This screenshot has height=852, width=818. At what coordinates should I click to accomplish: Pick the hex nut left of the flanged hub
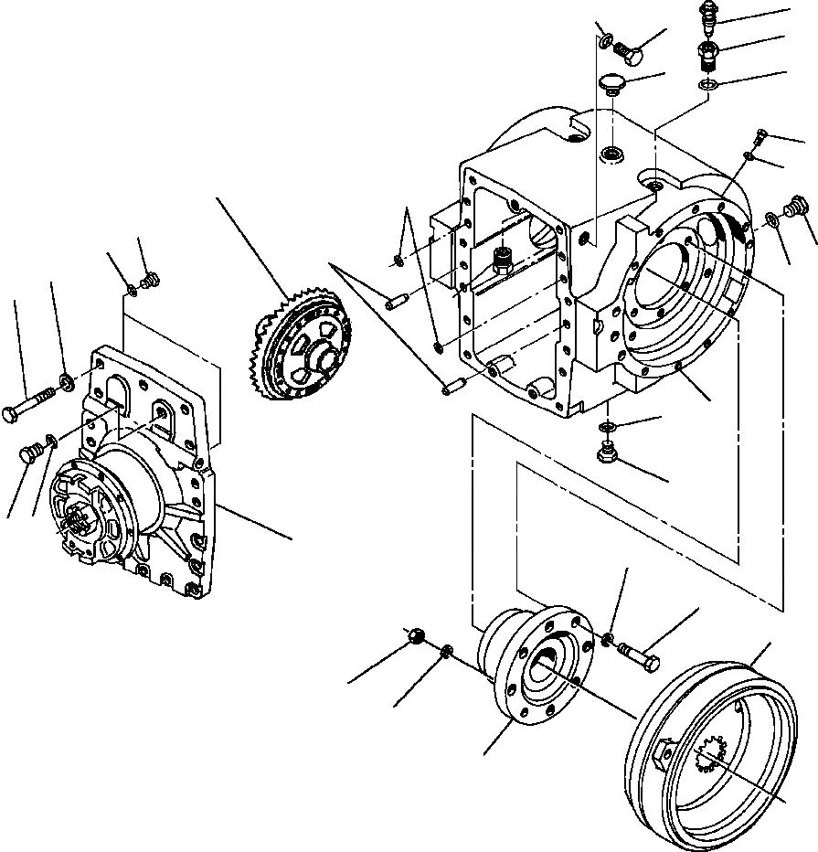point(415,635)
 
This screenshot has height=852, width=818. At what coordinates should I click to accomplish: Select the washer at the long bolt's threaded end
point(67,378)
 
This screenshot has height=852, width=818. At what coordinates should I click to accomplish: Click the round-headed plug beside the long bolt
point(30,452)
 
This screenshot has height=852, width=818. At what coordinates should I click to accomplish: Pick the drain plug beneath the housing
point(605,451)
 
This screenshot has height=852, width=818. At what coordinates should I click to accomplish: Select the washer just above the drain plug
point(608,427)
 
